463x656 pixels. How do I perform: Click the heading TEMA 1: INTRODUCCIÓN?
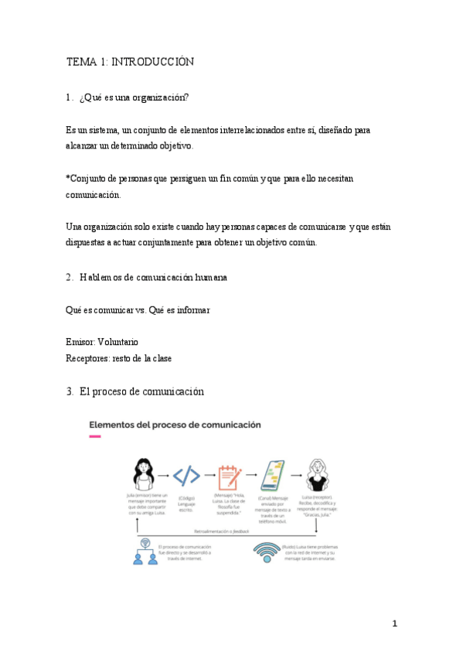(x=130, y=61)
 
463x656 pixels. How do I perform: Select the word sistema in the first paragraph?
(x=101, y=131)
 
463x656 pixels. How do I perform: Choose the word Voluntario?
(x=117, y=341)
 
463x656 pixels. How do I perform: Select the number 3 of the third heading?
(x=69, y=391)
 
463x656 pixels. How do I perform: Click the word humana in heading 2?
(x=202, y=276)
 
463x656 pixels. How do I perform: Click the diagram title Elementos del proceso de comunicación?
(x=175, y=425)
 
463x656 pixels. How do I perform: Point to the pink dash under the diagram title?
(x=95, y=437)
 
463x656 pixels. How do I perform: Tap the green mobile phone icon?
(x=274, y=474)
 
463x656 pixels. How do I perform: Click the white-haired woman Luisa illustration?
(x=318, y=473)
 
